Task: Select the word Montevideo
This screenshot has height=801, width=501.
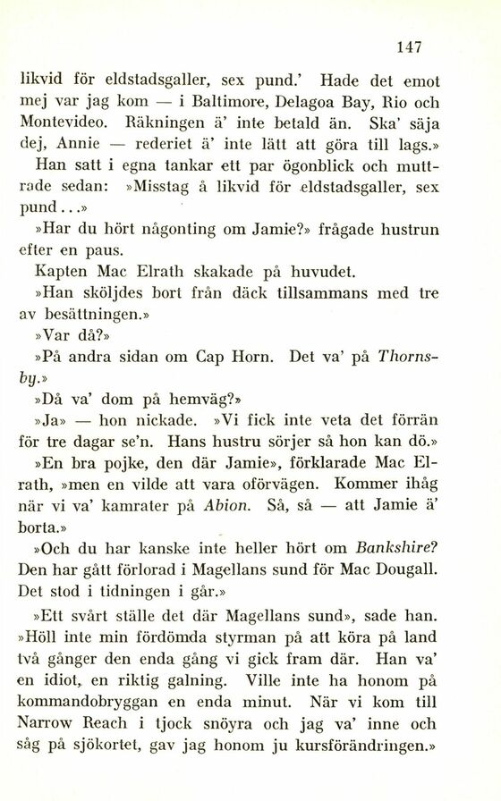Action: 63,122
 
